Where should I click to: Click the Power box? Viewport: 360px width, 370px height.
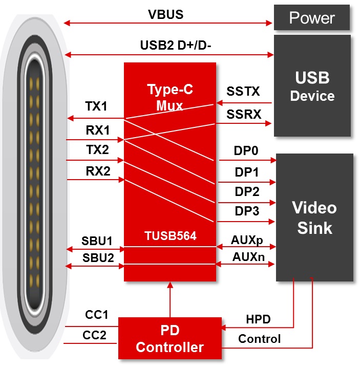point(312,18)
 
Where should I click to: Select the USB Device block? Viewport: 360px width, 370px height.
point(312,86)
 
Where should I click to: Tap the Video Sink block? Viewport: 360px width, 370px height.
point(314,217)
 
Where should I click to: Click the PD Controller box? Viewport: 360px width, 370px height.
point(170,338)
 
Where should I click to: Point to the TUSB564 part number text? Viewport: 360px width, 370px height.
point(170,237)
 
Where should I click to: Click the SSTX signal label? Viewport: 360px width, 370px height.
point(243,92)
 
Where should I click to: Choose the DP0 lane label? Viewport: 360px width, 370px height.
point(246,151)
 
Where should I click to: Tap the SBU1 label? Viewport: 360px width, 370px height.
point(98,241)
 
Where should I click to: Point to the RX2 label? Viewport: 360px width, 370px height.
point(98,171)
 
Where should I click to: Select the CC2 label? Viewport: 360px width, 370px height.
point(95,335)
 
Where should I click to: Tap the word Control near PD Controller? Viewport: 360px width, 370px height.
point(259,339)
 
